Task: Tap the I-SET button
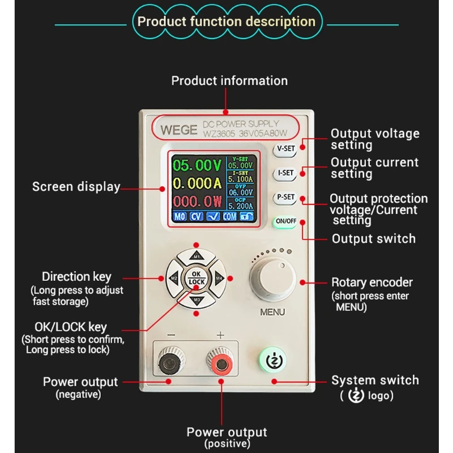coord(285,173)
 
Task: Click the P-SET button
coord(285,198)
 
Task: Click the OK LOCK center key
coord(196,278)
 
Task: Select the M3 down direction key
coord(196,298)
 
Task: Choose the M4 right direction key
coord(218,278)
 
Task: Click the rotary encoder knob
coord(272,280)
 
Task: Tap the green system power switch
coord(275,360)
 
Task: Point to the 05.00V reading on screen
coord(198,165)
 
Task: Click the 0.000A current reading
coord(196,183)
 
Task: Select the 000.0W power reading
coord(197,201)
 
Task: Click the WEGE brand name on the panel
coord(178,129)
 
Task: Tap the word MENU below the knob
coord(272,312)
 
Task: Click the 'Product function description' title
coord(226,22)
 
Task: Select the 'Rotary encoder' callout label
coord(372,282)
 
